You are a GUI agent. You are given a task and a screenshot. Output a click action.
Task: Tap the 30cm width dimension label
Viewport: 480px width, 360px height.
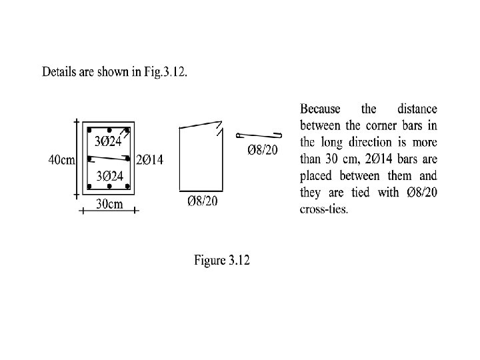[109, 204]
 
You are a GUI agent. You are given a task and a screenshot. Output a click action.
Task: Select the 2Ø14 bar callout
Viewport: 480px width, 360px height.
[150, 159]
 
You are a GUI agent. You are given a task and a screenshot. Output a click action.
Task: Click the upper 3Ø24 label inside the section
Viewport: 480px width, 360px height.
[108, 141]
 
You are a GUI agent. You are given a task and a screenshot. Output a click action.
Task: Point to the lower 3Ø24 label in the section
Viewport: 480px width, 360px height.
[109, 177]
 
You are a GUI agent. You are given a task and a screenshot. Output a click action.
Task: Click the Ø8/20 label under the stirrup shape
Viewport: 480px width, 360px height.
[202, 201]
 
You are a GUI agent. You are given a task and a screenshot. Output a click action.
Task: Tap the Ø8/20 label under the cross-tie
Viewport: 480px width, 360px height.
[263, 149]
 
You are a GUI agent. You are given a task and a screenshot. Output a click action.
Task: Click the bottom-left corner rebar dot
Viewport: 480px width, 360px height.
[89, 187]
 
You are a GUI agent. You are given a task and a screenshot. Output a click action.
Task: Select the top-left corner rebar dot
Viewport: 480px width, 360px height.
[89, 130]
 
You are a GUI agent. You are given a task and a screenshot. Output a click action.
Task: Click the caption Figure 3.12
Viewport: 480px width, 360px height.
[222, 260]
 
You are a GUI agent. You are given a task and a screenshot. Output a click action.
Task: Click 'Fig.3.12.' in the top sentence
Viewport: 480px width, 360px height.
[165, 72]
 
